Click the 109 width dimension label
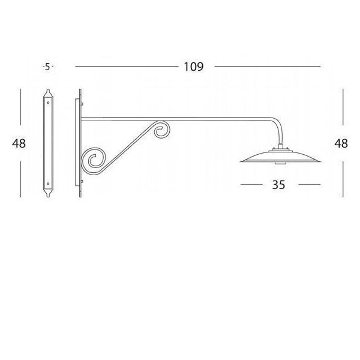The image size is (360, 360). pyautogui.click(x=194, y=67)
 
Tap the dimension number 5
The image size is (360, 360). pyautogui.click(x=47, y=67)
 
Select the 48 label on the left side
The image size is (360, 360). pyautogui.click(x=19, y=143)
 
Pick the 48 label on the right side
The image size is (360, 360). pyautogui.click(x=341, y=143)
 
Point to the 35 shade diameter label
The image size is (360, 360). pyautogui.click(x=278, y=185)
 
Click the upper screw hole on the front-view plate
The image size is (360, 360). pyautogui.click(x=48, y=103)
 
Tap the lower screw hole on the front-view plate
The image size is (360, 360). pyautogui.click(x=48, y=184)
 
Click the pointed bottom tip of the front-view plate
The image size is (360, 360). pyautogui.click(x=48, y=196)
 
